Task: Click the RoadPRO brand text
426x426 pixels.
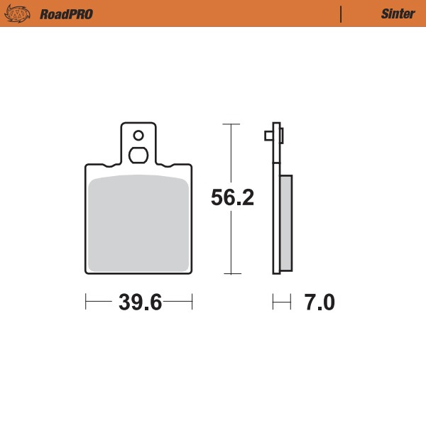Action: pyautogui.click(x=66, y=14)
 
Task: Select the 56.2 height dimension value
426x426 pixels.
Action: pyautogui.click(x=232, y=199)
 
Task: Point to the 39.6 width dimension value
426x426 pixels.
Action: pyautogui.click(x=140, y=303)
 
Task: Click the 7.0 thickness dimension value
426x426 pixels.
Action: pyautogui.click(x=319, y=303)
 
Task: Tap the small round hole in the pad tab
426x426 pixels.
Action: pyautogui.click(x=138, y=135)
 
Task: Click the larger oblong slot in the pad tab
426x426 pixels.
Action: pyautogui.click(x=138, y=155)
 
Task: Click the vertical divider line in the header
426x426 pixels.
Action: pyautogui.click(x=342, y=13)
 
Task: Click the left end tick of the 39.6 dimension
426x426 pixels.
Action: pyautogui.click(x=86, y=302)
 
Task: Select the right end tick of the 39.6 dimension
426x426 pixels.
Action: pyautogui.click(x=192, y=302)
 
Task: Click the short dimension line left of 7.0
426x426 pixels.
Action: pyautogui.click(x=282, y=302)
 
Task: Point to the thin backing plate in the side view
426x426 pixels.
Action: pyautogui.click(x=276, y=213)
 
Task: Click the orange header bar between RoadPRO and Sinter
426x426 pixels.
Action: pyautogui.click(x=213, y=13)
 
